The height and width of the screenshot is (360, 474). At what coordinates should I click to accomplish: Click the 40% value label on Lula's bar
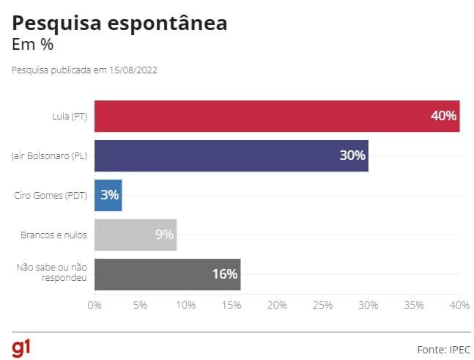[444, 116]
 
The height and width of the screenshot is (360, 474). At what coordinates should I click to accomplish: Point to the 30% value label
[352, 155]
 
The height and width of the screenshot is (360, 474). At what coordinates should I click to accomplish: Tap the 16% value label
[225, 274]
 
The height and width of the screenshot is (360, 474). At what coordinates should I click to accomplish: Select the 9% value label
[164, 235]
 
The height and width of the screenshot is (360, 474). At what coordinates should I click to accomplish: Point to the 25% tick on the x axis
[323, 305]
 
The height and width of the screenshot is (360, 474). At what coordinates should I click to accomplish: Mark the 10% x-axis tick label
[186, 305]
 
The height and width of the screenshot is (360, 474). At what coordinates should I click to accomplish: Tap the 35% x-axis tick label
[414, 305]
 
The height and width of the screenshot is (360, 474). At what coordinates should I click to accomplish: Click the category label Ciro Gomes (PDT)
[51, 195]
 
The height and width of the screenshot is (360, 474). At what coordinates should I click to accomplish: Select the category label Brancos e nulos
[55, 235]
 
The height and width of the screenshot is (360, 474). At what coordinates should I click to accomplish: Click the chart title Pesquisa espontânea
[119, 23]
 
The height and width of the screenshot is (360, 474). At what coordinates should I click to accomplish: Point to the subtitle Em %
[33, 44]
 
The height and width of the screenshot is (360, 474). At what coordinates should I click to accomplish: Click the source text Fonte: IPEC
[437, 348]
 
